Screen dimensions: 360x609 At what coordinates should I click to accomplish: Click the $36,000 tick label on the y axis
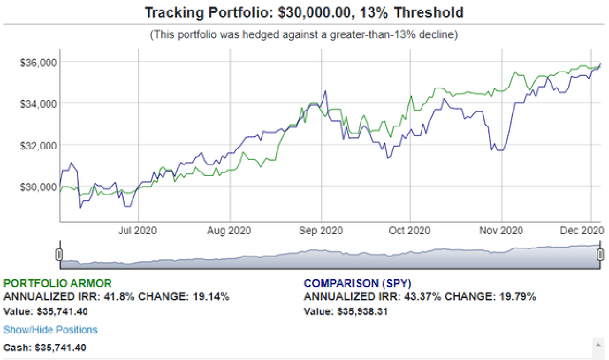(x=38, y=62)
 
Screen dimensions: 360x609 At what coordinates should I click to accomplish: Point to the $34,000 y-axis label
(x=38, y=104)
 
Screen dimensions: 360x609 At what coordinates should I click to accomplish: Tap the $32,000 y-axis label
(x=38, y=145)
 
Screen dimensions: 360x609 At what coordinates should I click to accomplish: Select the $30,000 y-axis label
(x=38, y=187)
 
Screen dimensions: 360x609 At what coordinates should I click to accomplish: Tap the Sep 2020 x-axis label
(x=321, y=231)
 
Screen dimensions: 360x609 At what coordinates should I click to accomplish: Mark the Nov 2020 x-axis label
(x=501, y=231)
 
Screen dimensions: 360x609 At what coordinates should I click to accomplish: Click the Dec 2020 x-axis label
(x=582, y=231)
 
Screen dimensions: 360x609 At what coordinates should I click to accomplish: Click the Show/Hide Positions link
(x=50, y=330)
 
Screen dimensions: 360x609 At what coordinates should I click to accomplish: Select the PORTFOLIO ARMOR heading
(x=57, y=283)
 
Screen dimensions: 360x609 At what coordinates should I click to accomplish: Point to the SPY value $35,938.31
(x=363, y=312)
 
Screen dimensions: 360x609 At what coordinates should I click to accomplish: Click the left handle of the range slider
(x=59, y=254)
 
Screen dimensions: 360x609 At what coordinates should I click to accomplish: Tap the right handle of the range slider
(x=601, y=254)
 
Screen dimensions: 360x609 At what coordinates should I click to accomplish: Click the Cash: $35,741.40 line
(x=45, y=348)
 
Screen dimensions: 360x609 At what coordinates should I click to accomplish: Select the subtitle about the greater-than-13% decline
(x=304, y=35)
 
